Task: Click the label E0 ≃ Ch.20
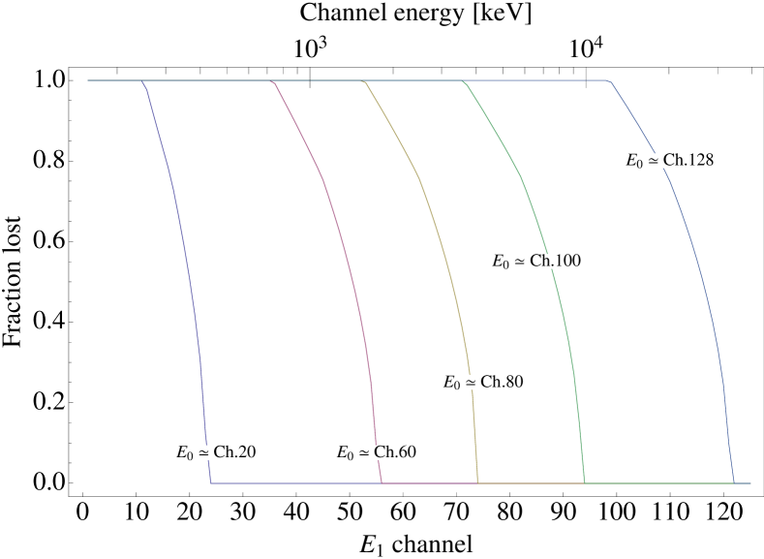216,452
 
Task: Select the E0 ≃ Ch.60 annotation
376,452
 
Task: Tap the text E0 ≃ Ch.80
483,382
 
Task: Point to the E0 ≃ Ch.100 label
536,261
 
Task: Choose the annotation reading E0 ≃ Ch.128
670,161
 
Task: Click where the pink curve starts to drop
274,81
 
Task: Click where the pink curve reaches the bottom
382,482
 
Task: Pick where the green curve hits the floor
585,482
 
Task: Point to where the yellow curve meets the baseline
477,482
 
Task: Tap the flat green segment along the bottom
658,482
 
